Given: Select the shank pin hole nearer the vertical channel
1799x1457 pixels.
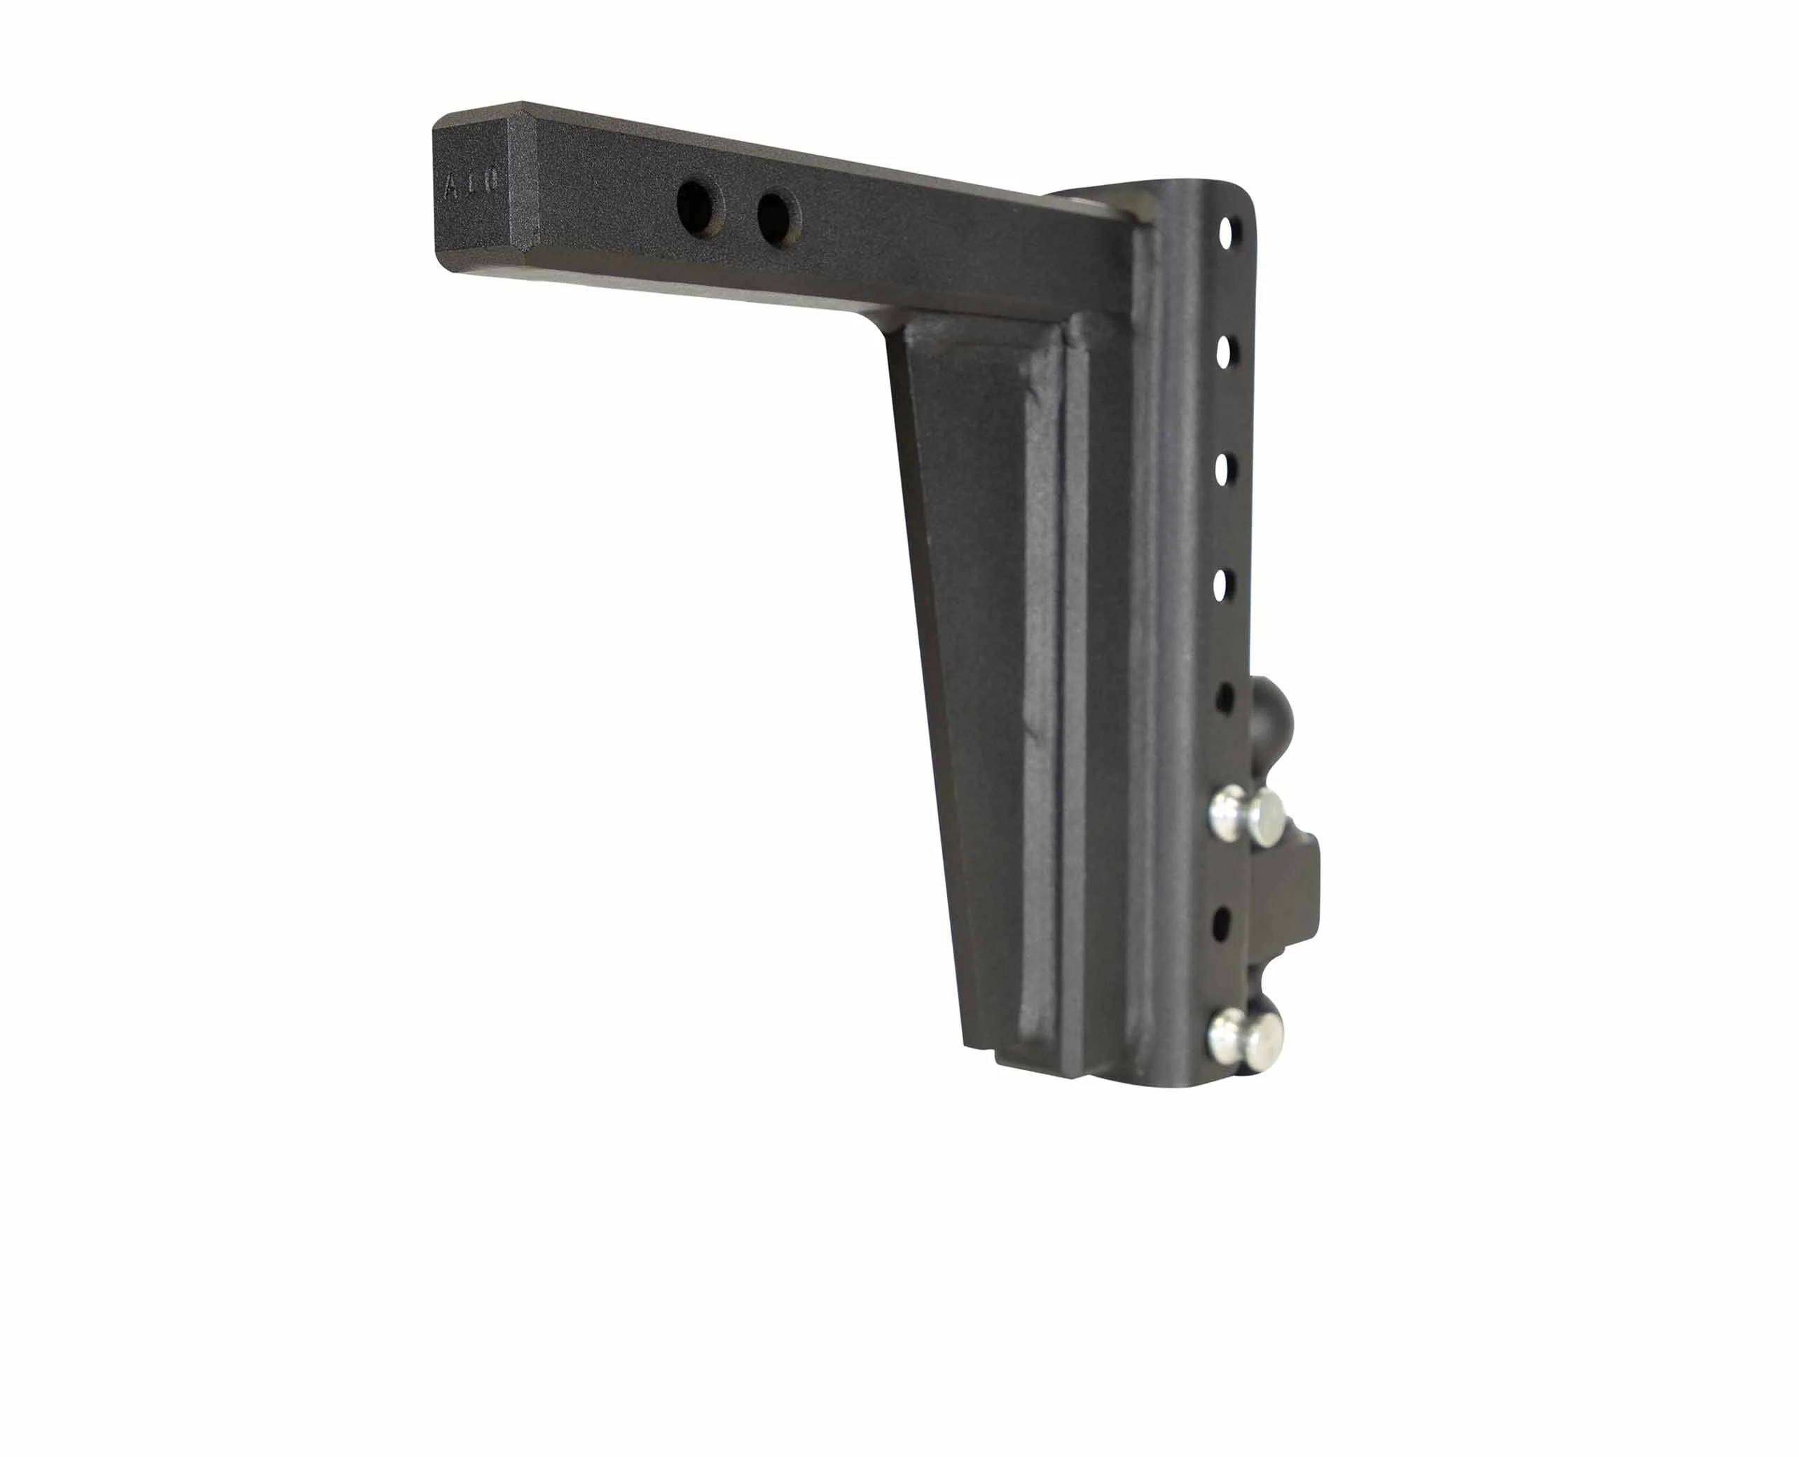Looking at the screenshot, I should click(773, 215).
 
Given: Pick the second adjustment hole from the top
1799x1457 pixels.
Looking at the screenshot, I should click(1225, 352).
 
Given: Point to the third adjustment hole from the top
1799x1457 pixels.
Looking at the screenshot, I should click(1223, 467).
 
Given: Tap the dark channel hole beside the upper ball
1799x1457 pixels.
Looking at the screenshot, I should click(1225, 696).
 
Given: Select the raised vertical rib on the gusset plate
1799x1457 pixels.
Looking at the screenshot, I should click(1049, 671).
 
